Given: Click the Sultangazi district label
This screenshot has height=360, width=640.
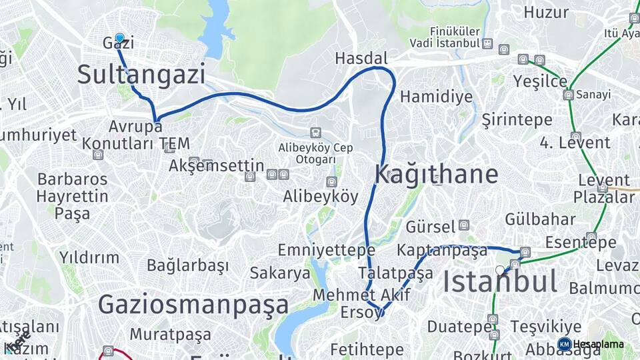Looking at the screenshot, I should click(141, 74).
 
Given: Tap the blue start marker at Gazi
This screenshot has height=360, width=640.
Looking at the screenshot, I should click(119, 38).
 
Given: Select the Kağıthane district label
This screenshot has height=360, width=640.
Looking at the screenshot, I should click(436, 174).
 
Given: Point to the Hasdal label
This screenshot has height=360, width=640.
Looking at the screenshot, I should click(361, 59).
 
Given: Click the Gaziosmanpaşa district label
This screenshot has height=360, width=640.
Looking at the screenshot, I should click(193, 305).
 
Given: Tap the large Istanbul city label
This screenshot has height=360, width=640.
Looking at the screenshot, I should click(500, 282).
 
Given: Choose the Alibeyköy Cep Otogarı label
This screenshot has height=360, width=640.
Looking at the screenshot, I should click(316, 154).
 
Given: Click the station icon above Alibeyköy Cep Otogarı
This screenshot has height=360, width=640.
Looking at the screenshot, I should click(315, 133).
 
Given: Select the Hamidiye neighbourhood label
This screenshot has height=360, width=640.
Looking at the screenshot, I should click(437, 97).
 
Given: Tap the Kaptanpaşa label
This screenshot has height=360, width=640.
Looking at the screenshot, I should click(442, 251).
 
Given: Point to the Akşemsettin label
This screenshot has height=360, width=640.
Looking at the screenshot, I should click(217, 166).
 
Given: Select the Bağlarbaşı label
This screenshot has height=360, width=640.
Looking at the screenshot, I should click(188, 265).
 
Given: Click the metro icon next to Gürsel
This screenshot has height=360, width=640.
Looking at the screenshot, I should click(464, 225).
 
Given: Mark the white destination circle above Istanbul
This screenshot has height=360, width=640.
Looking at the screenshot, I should click(500, 270).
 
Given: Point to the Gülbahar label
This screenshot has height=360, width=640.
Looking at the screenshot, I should click(540, 219).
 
